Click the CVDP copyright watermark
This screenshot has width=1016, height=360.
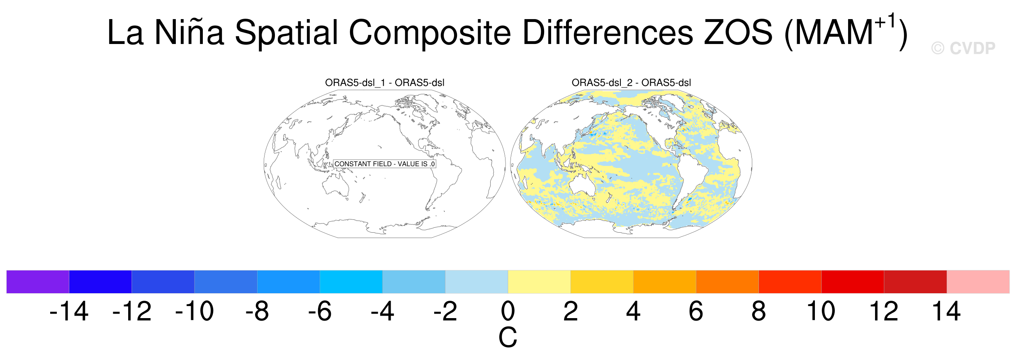963,49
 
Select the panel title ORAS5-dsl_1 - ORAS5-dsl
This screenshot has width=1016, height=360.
384,83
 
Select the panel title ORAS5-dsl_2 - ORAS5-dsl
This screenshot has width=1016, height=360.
631,83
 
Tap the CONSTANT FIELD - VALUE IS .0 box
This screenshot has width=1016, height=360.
384,164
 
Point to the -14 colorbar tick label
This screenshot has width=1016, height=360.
69,311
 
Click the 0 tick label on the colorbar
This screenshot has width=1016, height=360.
508,311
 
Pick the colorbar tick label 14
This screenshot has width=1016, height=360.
946,311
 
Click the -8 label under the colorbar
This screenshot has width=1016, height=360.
257,311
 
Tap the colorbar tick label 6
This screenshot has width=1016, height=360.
696,311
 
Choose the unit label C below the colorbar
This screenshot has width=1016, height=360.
508,337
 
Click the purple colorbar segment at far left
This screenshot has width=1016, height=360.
38,282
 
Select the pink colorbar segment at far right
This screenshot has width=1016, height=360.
978,282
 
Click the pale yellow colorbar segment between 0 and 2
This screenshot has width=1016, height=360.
539,282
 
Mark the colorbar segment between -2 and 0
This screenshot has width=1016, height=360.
476,282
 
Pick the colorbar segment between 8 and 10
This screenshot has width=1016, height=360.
790,282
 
